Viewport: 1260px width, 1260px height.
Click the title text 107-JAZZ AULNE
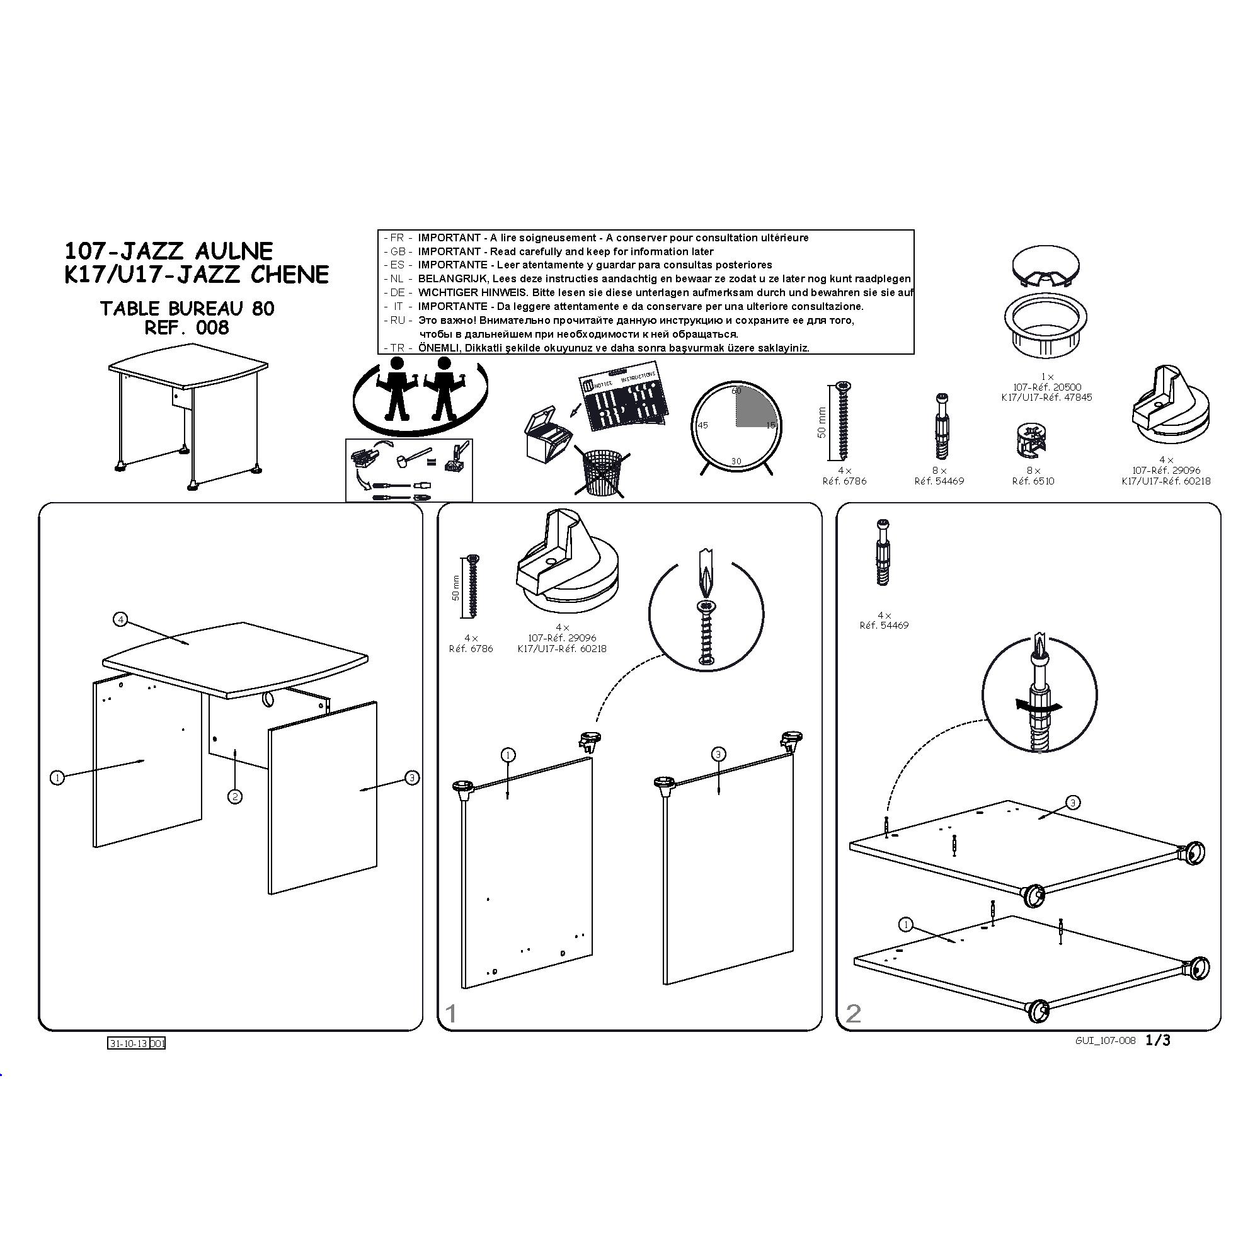coord(168,251)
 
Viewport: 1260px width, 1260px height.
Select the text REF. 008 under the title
coord(186,328)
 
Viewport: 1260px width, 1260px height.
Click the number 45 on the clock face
coord(702,425)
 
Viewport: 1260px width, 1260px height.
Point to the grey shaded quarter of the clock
coord(755,406)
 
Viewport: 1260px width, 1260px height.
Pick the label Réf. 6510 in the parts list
coord(1033,481)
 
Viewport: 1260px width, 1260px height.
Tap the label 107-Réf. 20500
coord(1046,387)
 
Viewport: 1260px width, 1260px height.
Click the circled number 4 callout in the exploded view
coord(121,619)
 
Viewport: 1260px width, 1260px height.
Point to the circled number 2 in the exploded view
coord(235,796)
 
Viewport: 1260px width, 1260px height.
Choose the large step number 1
coord(450,1014)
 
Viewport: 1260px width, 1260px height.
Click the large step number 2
coord(853,1014)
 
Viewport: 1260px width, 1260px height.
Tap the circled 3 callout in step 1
coord(718,755)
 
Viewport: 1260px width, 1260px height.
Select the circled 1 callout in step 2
coord(905,924)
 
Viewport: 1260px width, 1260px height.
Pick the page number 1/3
coord(1157,1041)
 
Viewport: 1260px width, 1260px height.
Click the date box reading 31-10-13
coord(129,1043)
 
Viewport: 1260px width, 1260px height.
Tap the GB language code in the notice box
coord(398,252)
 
